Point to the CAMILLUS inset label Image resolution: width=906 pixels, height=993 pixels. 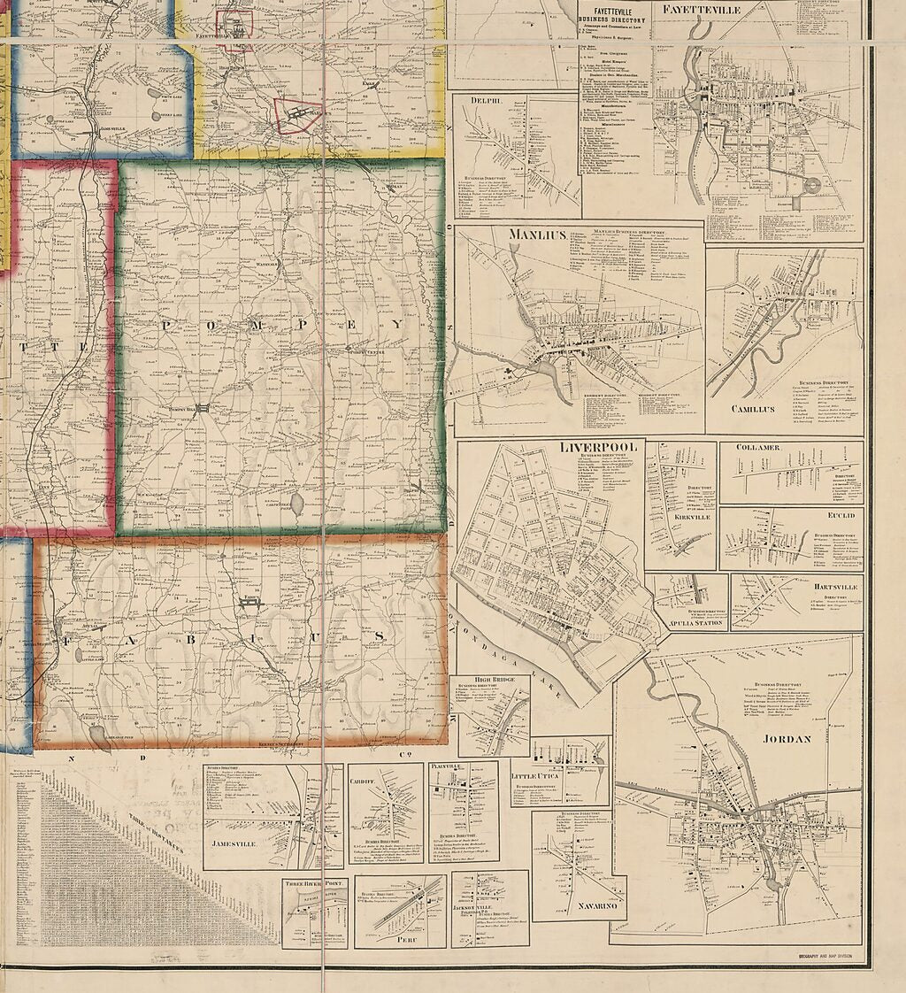[x=753, y=409]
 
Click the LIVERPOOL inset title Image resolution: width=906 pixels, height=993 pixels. [x=598, y=447]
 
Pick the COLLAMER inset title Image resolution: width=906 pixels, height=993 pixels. [x=757, y=448]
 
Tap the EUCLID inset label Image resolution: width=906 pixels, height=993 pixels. [x=841, y=515]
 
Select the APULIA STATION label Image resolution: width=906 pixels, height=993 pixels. [x=692, y=623]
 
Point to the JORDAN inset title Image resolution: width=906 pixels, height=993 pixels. [x=785, y=738]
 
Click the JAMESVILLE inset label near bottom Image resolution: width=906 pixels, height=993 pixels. [x=234, y=843]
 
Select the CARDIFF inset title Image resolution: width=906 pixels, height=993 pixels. [x=368, y=770]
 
